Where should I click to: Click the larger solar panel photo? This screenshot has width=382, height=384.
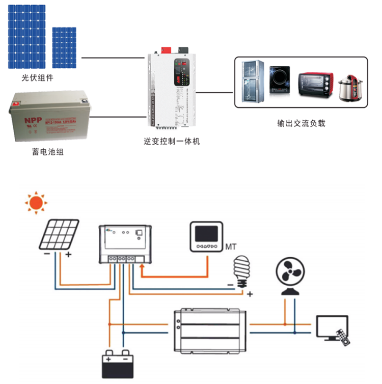pyautogui.click(x=26, y=36)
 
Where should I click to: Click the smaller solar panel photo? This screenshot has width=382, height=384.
pyautogui.click(x=64, y=47)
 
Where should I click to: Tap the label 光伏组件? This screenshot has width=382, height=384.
pyautogui.click(x=37, y=78)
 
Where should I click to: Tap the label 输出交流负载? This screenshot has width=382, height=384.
pyautogui.click(x=301, y=123)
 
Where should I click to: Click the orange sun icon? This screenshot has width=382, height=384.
pyautogui.click(x=36, y=203)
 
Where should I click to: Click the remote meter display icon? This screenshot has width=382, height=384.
pyautogui.click(x=206, y=236)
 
